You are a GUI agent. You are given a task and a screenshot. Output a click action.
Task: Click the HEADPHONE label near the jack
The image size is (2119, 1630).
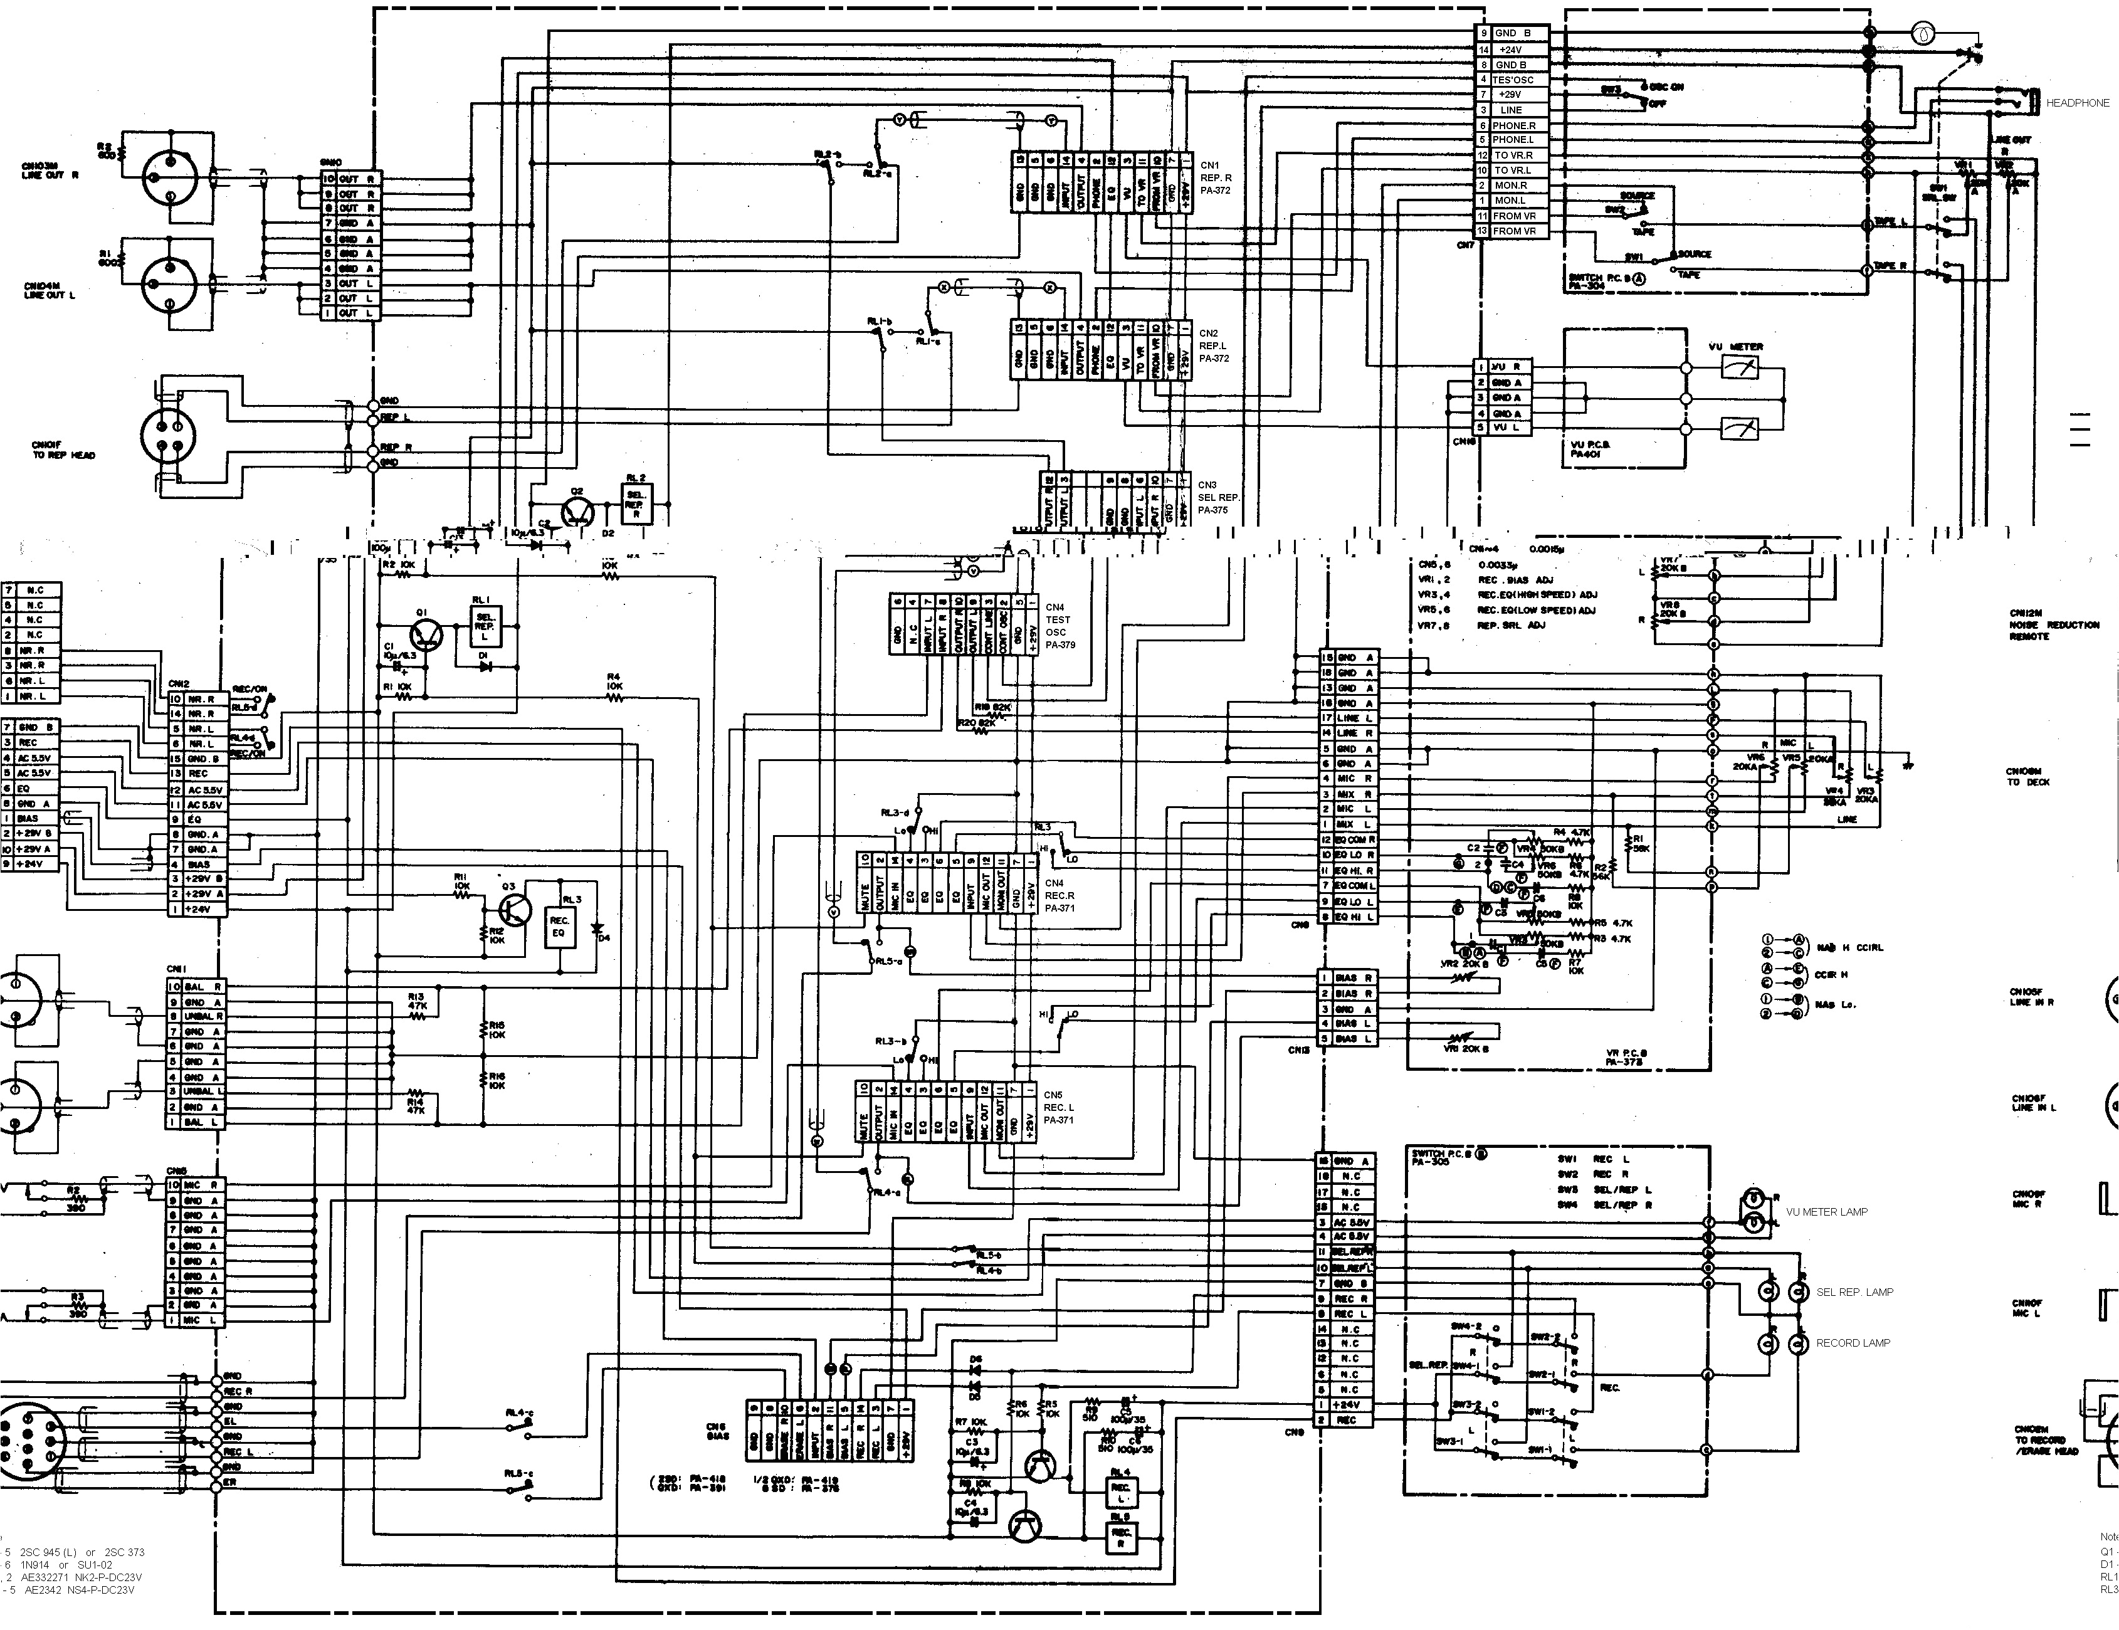2077,103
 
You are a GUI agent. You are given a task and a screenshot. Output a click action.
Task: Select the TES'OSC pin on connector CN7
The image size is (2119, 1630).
1513,80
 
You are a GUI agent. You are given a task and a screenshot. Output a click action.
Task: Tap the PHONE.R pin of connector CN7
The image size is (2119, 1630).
1513,125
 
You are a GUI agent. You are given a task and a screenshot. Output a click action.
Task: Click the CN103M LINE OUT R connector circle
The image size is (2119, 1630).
171,177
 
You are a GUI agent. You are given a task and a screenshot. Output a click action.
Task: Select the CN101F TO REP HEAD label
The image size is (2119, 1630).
63,450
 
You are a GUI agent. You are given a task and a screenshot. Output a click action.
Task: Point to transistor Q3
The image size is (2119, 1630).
514,909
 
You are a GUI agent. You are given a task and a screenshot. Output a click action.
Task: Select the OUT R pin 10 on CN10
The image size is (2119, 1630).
346,179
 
